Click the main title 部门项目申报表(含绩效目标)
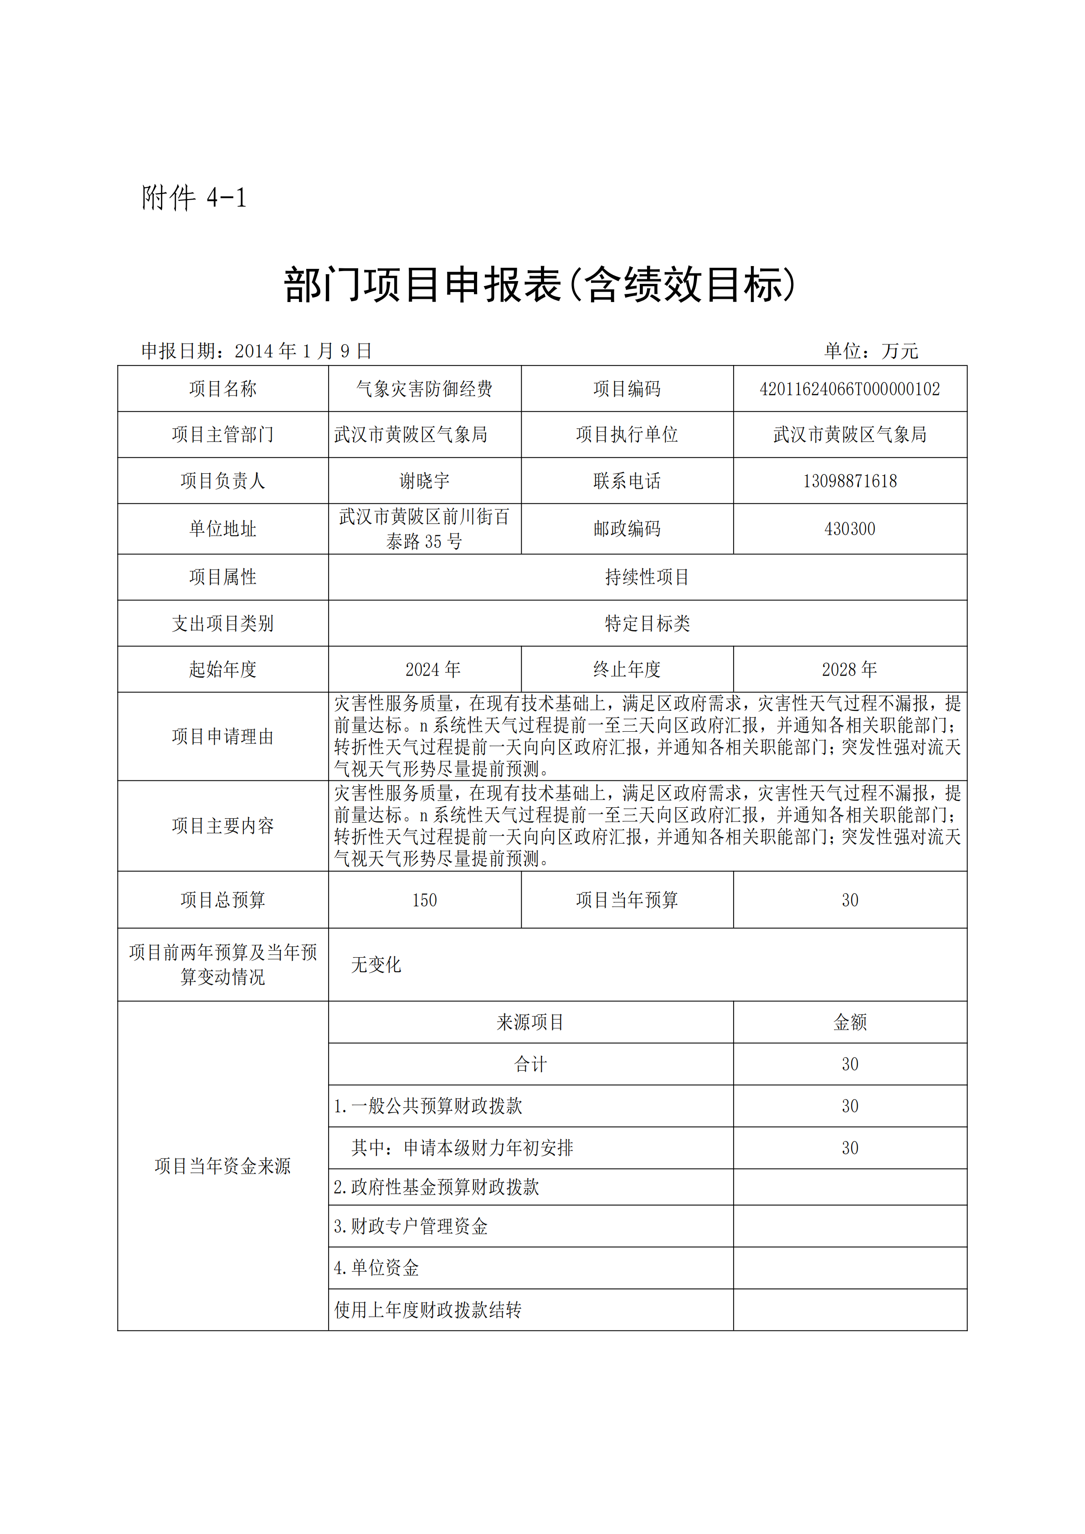(540, 285)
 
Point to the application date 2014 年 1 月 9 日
(303, 351)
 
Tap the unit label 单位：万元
(871, 351)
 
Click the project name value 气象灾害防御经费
(424, 389)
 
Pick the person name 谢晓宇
(424, 481)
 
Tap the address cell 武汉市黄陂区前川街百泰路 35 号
(424, 528)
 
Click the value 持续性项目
(647, 577)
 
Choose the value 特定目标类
(647, 623)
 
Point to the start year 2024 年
(432, 669)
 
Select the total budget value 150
(424, 900)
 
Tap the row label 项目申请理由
(222, 736)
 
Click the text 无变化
(376, 965)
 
